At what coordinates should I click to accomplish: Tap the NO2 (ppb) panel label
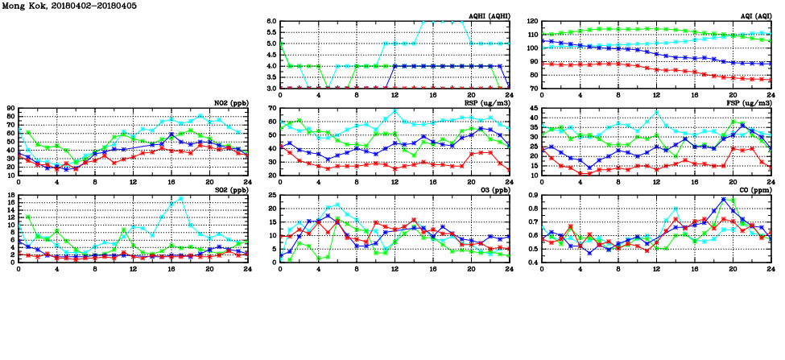click(230, 103)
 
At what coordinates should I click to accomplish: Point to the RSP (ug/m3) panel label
click(485, 103)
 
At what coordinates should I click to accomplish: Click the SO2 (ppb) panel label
click(230, 190)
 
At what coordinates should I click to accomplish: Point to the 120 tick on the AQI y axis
click(532, 21)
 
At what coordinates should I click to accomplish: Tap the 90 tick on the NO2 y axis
click(10, 108)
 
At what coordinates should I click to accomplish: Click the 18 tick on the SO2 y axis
click(10, 195)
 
